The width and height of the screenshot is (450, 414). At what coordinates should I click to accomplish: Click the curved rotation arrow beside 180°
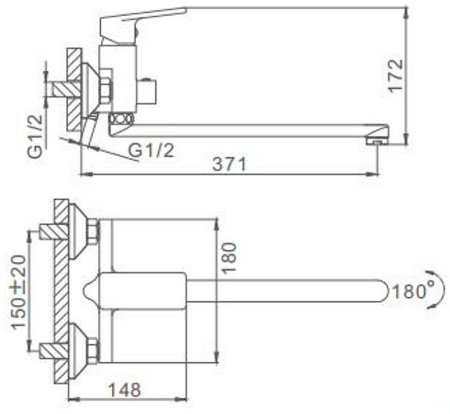coord(436,296)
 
